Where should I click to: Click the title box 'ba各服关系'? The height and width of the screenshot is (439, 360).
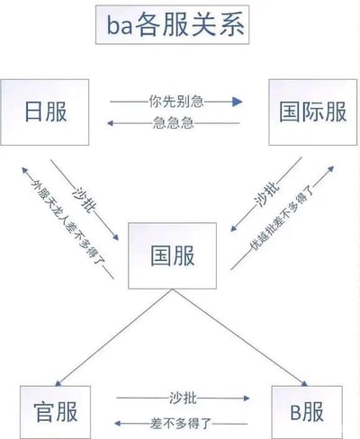(x=172, y=25)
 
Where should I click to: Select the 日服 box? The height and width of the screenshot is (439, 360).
(x=45, y=112)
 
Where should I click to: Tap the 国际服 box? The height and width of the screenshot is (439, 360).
(x=313, y=112)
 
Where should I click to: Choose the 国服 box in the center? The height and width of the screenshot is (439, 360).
(x=173, y=255)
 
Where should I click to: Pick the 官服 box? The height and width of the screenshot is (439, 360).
(x=56, y=412)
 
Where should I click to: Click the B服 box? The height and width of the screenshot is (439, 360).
(x=307, y=412)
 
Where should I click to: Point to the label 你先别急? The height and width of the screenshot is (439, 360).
(x=176, y=102)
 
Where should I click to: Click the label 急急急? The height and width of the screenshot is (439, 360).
(x=173, y=123)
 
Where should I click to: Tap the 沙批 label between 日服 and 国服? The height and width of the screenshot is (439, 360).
(x=85, y=201)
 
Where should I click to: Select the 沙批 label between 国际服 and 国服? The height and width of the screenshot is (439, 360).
(x=266, y=195)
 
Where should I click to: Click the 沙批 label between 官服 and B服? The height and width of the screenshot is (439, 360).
(x=183, y=399)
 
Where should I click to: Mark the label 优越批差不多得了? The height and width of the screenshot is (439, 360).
(x=283, y=218)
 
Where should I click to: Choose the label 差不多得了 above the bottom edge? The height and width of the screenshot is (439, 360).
(x=181, y=424)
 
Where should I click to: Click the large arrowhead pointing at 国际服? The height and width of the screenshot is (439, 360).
(x=237, y=102)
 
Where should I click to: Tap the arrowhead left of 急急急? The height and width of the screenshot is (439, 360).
(x=110, y=123)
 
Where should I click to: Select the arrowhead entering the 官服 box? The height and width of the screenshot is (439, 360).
(x=58, y=383)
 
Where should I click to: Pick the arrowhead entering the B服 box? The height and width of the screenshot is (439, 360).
(x=304, y=383)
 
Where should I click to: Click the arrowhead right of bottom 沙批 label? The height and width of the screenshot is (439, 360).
(x=247, y=399)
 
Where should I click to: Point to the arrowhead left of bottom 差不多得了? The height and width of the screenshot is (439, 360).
(x=118, y=424)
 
